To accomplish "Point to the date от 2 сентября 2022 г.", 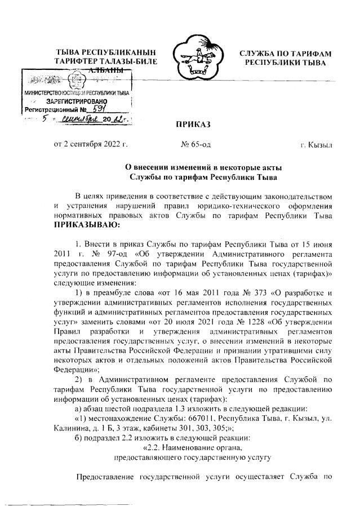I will click(x=91, y=145).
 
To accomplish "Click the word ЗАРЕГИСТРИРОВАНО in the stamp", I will click(x=72, y=101).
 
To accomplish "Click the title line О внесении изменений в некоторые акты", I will click(x=203, y=167).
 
